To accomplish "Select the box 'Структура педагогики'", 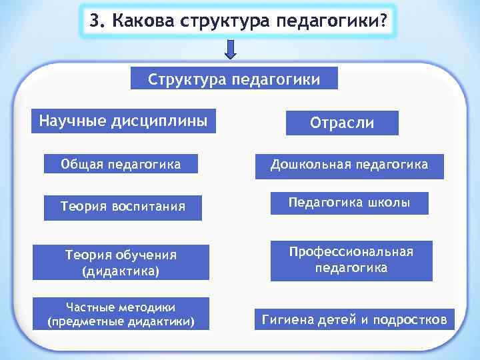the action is (234, 79).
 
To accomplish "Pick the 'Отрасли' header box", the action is (342, 123).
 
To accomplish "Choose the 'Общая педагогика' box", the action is (121, 163).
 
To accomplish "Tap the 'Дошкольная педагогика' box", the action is (350, 164).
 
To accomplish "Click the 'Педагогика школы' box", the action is (349, 203).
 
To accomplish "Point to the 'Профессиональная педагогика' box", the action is (351, 260).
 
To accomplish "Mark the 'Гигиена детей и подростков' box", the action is (353, 319).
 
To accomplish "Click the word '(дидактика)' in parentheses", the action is (121, 271).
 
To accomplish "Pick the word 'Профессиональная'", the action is (351, 252).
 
